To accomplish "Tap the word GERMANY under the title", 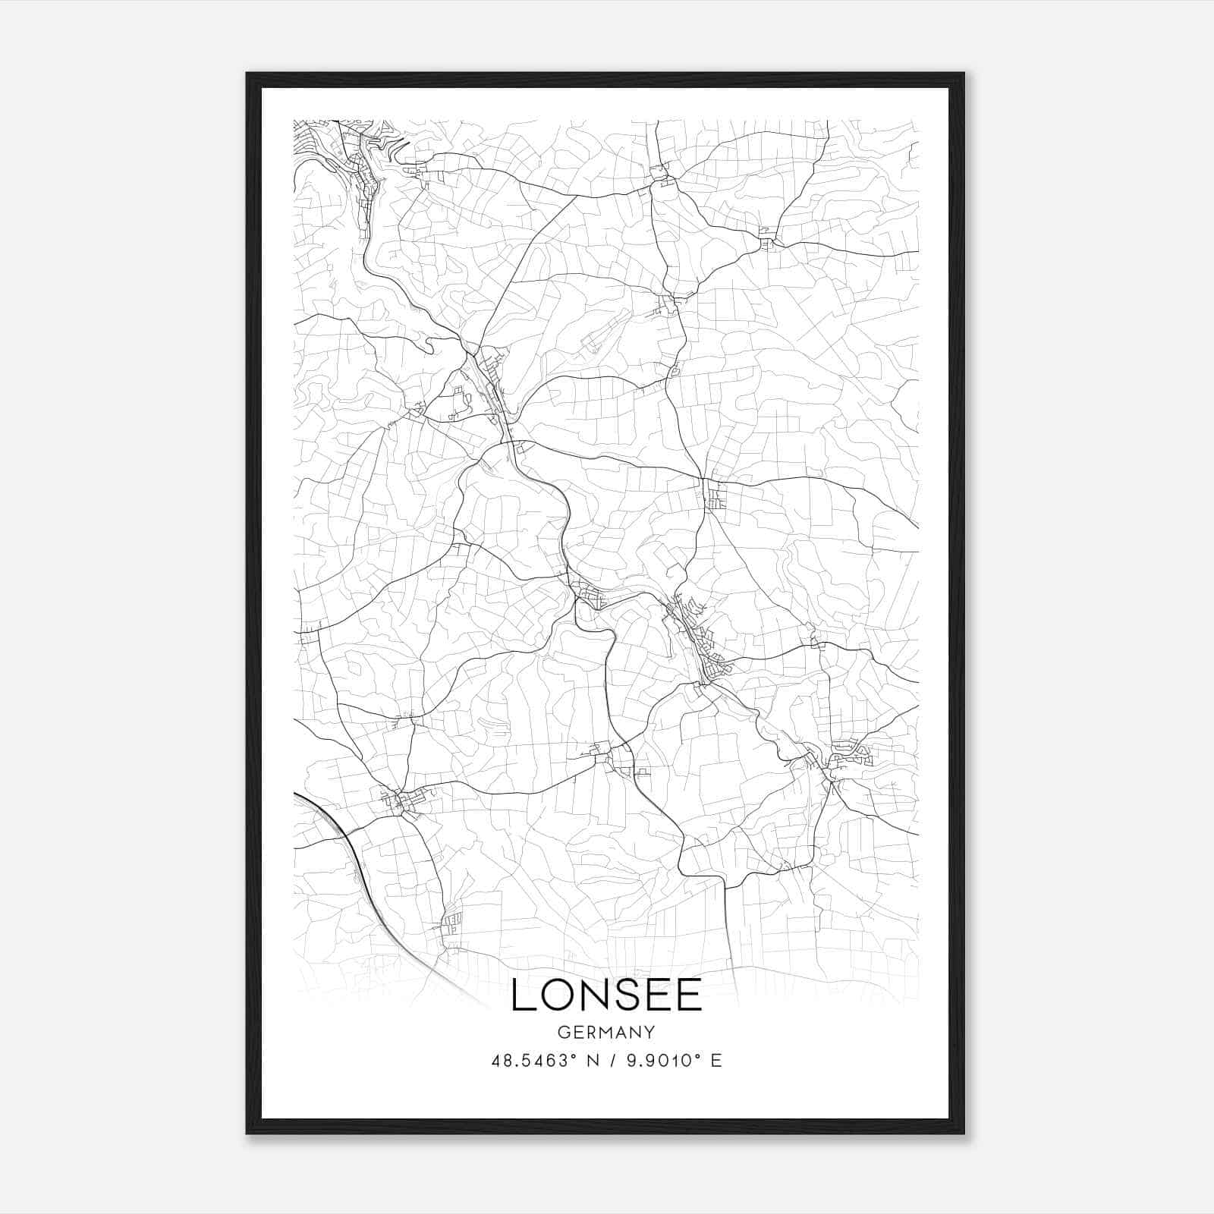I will click(x=606, y=1032).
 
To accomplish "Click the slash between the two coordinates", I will click(x=612, y=1061).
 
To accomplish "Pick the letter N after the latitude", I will click(x=593, y=1061).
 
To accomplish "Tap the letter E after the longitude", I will click(x=716, y=1061).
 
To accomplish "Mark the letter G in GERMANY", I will click(x=563, y=1032).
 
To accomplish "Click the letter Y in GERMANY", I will click(x=649, y=1032).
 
